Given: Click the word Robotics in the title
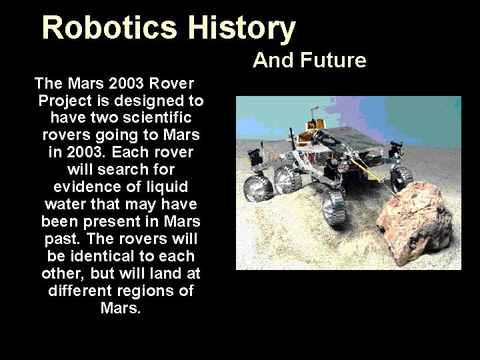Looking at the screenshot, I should (110, 28).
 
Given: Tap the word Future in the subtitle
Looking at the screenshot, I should (333, 61).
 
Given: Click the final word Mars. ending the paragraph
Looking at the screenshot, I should (121, 309).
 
